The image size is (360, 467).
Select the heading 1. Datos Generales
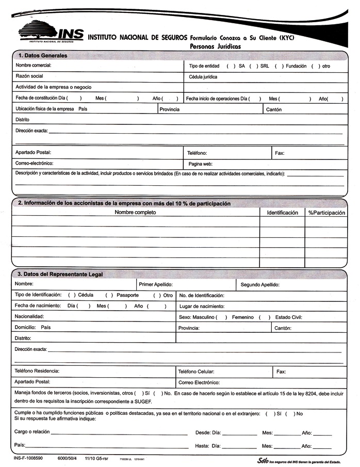43,55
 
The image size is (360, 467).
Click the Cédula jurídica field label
203,77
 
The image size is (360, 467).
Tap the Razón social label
29,76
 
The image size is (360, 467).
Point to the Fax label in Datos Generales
280,153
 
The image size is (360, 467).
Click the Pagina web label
201,164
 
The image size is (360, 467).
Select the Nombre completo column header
135,212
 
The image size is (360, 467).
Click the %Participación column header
327,212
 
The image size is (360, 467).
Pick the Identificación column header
282,212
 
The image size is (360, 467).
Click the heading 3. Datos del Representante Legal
60,274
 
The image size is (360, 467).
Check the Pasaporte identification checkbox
109,295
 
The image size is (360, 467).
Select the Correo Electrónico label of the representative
199,382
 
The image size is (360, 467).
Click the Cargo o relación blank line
119,433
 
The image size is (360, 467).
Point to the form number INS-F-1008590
28,458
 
